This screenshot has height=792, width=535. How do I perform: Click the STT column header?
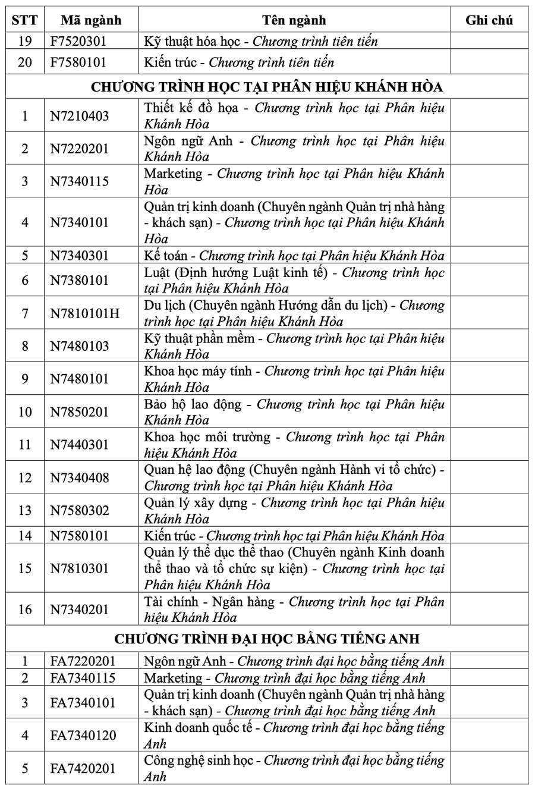(x=25, y=20)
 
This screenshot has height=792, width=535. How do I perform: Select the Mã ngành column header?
(x=91, y=20)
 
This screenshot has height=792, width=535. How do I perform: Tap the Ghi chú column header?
(x=489, y=20)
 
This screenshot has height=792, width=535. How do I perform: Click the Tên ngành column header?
(x=294, y=20)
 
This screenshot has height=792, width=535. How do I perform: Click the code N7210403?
(x=79, y=116)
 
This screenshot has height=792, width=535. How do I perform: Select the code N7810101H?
(x=84, y=313)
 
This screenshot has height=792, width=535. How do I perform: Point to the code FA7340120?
(x=83, y=736)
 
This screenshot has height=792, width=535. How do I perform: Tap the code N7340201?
(x=79, y=609)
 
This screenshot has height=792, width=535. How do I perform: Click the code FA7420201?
(x=83, y=769)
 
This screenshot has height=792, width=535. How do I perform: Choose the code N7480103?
(x=79, y=346)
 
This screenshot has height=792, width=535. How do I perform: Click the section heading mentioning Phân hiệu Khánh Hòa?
(x=267, y=87)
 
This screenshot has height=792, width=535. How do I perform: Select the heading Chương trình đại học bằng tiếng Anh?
(x=267, y=639)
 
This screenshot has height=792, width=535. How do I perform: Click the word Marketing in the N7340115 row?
(x=173, y=174)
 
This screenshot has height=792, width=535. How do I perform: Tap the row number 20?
(x=25, y=62)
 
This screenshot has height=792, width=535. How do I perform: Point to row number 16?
(x=25, y=609)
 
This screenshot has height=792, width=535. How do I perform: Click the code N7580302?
(x=79, y=511)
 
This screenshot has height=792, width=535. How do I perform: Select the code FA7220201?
(x=83, y=661)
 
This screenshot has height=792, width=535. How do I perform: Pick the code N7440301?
(x=79, y=445)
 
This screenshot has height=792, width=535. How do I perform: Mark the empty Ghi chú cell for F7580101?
(x=489, y=62)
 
